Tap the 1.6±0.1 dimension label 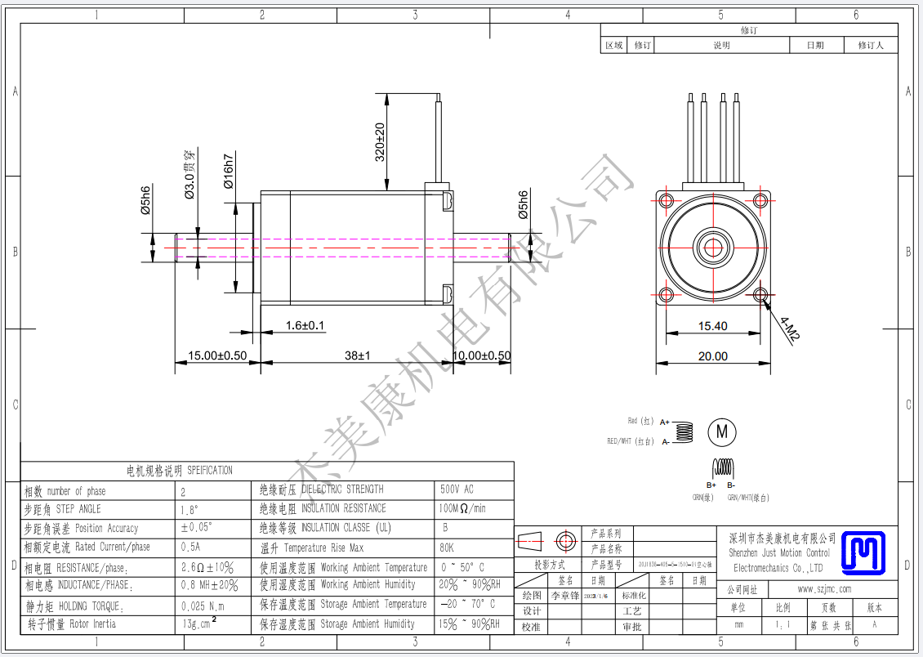pyautogui.click(x=305, y=325)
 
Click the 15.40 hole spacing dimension pyautogui.click(x=712, y=326)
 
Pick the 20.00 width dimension pyautogui.click(x=712, y=355)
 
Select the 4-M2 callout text pyautogui.click(x=790, y=328)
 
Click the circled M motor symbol pyautogui.click(x=721, y=431)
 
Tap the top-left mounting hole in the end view pyautogui.click(x=666, y=200)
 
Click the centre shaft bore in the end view pyautogui.click(x=713, y=246)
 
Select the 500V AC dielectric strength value pyautogui.click(x=457, y=489)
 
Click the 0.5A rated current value pyautogui.click(x=190, y=547)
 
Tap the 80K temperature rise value pyautogui.click(x=447, y=547)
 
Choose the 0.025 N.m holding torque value pyautogui.click(x=202, y=606)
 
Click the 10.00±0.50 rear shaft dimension pyautogui.click(x=482, y=355)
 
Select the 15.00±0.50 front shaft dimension pyautogui.click(x=217, y=355)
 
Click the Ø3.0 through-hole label pyautogui.click(x=189, y=175)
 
